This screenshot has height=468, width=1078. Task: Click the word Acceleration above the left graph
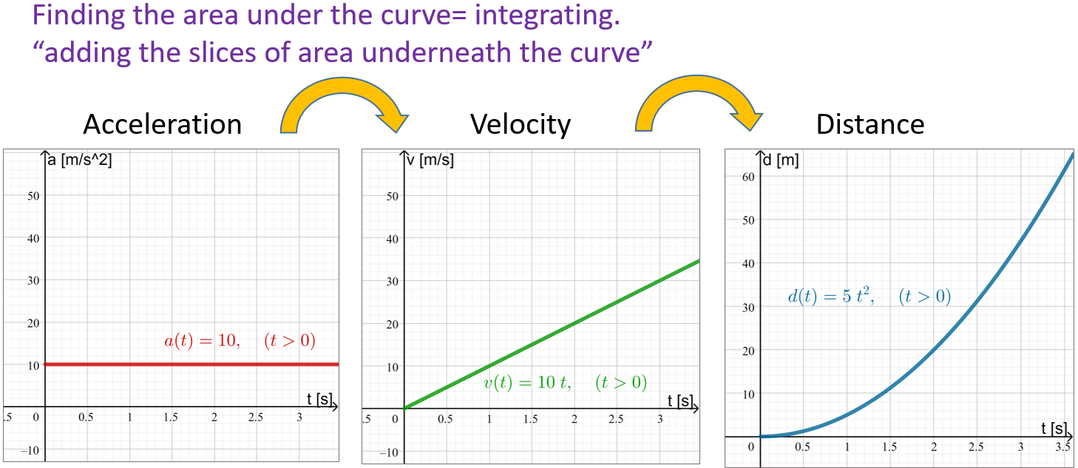click(162, 124)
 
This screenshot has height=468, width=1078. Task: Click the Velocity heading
click(520, 124)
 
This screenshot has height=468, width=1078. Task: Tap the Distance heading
click(869, 124)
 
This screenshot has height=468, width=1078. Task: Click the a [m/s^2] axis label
click(80, 160)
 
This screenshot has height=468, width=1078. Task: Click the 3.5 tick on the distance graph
click(1063, 447)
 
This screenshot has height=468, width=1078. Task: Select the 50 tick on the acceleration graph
click(33, 196)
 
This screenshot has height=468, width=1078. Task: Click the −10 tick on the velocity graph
click(389, 452)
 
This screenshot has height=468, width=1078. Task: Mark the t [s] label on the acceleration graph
click(319, 399)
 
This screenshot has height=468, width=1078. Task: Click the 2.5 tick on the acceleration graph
click(256, 418)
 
